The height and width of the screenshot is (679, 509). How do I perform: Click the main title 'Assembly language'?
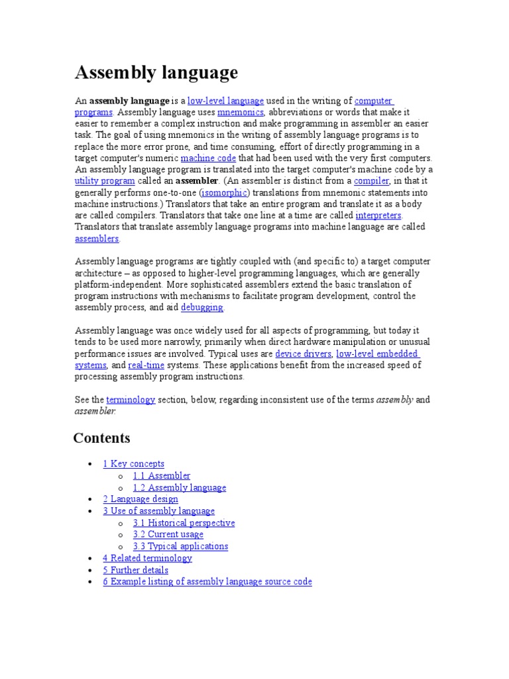point(156,72)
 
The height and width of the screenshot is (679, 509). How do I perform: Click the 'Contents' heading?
point(101,438)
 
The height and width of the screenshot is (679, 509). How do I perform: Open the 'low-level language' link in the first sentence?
point(225,101)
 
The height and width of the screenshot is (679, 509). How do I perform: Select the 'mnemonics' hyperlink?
point(236,113)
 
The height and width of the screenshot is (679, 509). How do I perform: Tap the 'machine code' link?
point(208,158)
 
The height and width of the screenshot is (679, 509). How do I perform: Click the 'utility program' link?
point(105,181)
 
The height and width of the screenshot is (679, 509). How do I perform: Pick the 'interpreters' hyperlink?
point(378,216)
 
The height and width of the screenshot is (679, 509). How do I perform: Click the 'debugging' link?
point(202,308)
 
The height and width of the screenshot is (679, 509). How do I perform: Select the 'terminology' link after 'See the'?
point(131,400)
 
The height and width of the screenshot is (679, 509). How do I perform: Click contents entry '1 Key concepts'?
point(133,464)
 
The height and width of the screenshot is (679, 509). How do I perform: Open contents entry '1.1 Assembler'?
point(161,476)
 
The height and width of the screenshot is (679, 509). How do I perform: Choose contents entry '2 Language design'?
point(140,499)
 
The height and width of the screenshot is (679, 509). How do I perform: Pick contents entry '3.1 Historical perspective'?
point(184,523)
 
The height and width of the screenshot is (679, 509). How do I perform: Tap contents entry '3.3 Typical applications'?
point(180,546)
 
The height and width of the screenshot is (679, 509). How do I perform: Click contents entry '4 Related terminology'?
point(147,558)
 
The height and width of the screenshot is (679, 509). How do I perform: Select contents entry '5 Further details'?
point(135,570)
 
